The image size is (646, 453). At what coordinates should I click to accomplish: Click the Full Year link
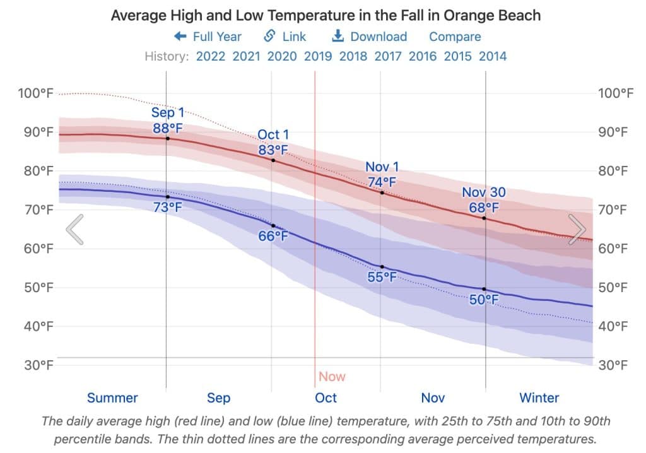click(x=209, y=37)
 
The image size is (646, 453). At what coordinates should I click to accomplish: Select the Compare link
click(x=455, y=37)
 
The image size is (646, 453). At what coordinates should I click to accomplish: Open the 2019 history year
click(x=318, y=56)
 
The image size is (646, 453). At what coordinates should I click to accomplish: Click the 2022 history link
click(x=211, y=56)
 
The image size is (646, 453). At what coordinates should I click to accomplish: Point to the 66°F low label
click(x=273, y=237)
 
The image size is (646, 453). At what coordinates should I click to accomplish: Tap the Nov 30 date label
click(x=484, y=193)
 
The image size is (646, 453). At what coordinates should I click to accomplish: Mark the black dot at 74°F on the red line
click(x=382, y=192)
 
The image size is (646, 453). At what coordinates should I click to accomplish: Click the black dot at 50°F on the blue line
click(x=484, y=289)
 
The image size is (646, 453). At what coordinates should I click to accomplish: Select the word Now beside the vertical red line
click(x=332, y=377)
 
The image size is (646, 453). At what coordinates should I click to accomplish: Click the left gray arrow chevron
click(x=74, y=229)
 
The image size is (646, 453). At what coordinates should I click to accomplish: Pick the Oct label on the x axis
click(x=326, y=398)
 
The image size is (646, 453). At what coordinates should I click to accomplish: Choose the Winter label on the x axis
click(x=539, y=398)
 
